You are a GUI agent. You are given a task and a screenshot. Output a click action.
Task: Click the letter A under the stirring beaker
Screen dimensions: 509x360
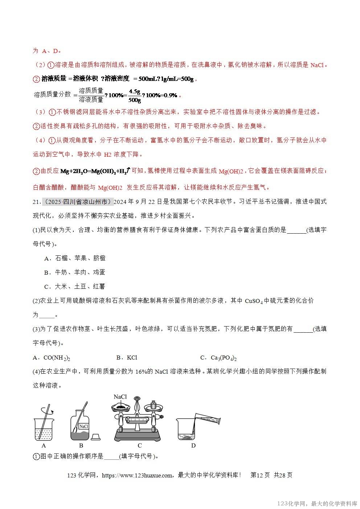tap(44, 446)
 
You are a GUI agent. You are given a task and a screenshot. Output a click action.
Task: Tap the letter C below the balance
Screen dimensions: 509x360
tap(140, 446)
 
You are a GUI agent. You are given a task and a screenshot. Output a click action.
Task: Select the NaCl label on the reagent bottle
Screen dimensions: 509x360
tap(84, 427)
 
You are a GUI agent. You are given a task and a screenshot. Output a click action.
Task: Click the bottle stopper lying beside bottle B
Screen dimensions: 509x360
tap(96, 436)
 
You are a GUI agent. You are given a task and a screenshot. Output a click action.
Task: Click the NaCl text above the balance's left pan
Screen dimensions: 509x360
tap(120, 397)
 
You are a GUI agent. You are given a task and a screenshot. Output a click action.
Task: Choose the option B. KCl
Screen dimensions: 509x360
tap(127, 358)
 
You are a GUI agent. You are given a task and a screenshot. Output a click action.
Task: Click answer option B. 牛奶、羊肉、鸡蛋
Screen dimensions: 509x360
tap(74, 272)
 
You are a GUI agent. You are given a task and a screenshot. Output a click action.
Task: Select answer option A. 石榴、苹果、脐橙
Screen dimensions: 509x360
tap(75, 258)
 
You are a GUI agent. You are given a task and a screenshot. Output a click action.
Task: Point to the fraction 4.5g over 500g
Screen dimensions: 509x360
tap(135, 95)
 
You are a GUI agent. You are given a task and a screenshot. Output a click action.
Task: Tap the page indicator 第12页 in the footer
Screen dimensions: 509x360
tap(260, 475)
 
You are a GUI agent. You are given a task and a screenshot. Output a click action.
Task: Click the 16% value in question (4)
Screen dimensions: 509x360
tap(140, 371)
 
